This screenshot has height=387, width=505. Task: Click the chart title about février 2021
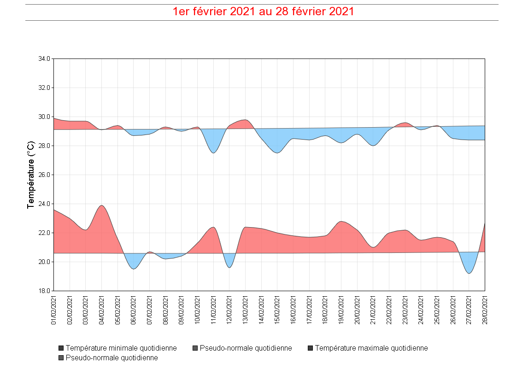(x=263, y=12)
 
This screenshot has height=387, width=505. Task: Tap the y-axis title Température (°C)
(x=31, y=175)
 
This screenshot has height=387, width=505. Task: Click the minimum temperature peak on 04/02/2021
(x=101, y=205)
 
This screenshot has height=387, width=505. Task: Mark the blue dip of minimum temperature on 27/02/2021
(x=469, y=273)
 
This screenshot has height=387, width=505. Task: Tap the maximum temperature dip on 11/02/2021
(x=213, y=152)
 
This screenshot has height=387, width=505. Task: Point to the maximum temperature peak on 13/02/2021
(x=246, y=120)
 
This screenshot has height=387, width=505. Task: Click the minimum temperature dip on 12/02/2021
(x=229, y=267)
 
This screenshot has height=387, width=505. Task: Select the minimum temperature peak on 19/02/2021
(x=341, y=222)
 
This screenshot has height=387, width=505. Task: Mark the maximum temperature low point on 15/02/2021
(x=277, y=152)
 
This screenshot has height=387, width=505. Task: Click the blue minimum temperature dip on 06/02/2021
(x=134, y=269)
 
